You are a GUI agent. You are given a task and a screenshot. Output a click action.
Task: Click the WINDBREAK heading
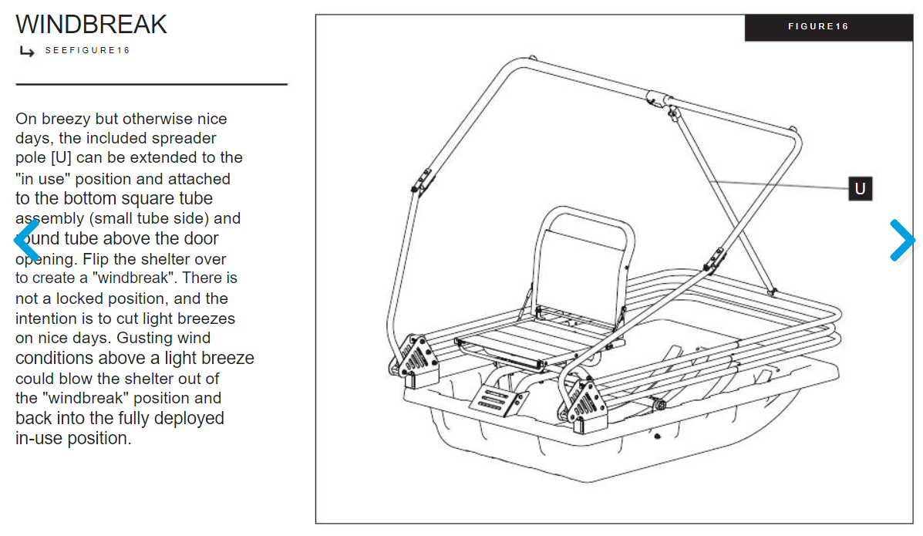click(91, 25)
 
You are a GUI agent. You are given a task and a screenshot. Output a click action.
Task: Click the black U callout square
click(860, 188)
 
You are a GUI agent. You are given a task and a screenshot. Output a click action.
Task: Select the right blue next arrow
click(901, 240)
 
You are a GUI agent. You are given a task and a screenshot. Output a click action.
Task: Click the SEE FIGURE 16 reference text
click(87, 51)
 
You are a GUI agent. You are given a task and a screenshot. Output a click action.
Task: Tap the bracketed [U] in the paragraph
click(61, 158)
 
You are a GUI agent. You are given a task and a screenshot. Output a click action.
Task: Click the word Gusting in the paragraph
click(144, 338)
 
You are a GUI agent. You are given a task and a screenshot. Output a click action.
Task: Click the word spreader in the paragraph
click(185, 139)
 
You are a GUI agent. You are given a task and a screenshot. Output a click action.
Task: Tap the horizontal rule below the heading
click(151, 83)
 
